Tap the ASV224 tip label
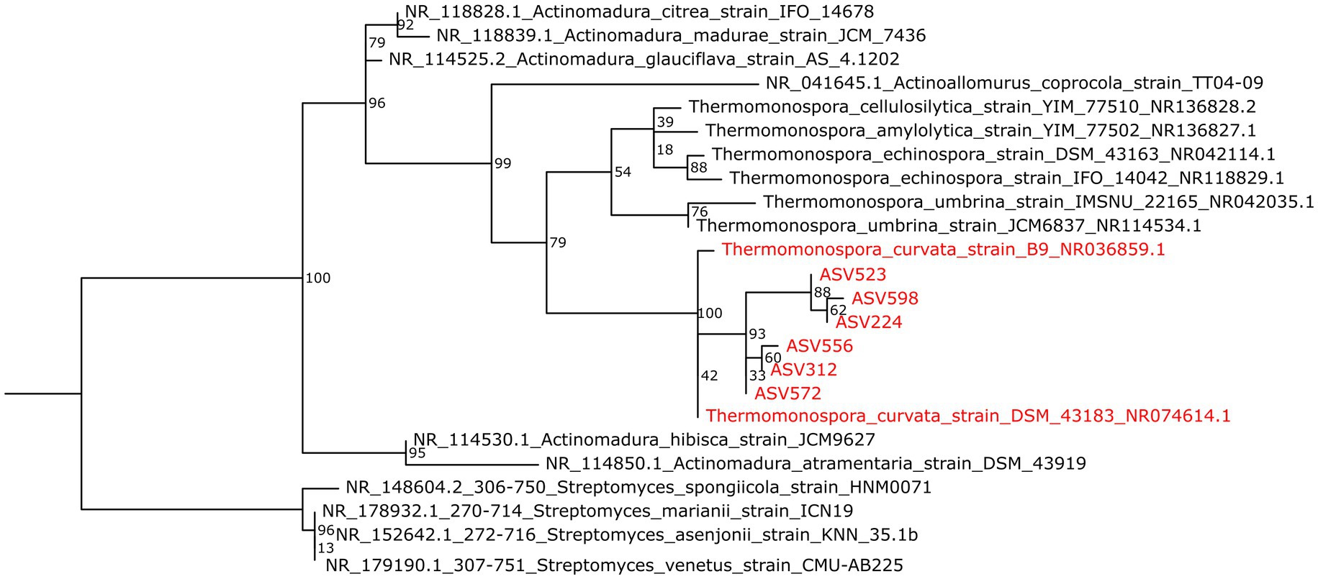(x=868, y=322)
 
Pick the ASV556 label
(x=819, y=346)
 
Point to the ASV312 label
(x=803, y=370)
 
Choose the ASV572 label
(x=787, y=393)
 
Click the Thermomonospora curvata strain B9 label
(x=943, y=250)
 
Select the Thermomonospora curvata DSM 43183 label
(x=968, y=416)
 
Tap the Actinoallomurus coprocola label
(x=1014, y=83)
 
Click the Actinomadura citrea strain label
(x=639, y=12)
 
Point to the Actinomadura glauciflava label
(x=644, y=59)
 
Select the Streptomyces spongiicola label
(x=638, y=488)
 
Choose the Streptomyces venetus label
(x=614, y=565)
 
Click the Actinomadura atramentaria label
(x=816, y=464)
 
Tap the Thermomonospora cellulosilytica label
(x=972, y=107)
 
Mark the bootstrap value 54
(x=623, y=172)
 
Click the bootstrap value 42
(x=709, y=375)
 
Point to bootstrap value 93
(x=757, y=334)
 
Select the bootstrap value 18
(x=664, y=150)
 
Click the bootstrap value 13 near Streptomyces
(x=326, y=548)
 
